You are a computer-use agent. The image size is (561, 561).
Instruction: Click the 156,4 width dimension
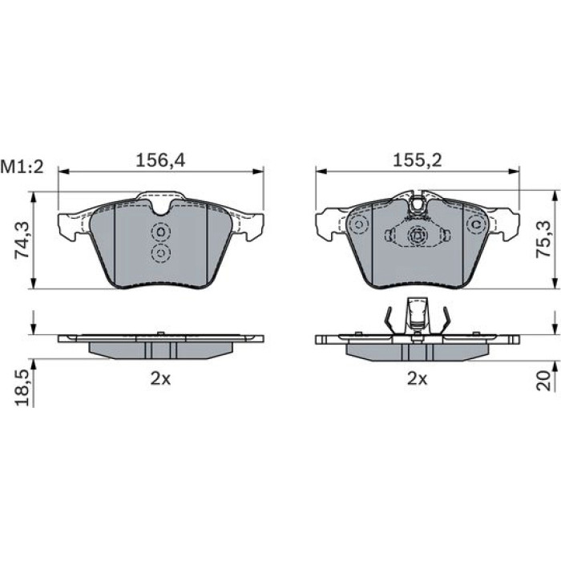(x=160, y=160)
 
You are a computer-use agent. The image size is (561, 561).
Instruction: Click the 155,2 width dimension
(x=418, y=160)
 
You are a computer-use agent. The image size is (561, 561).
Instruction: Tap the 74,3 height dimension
(x=22, y=240)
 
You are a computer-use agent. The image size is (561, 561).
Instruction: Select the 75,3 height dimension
(x=543, y=239)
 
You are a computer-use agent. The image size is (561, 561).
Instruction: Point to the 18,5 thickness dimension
(x=22, y=388)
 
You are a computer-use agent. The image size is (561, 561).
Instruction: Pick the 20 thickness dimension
(x=543, y=381)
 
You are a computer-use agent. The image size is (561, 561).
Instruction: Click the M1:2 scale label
(x=22, y=167)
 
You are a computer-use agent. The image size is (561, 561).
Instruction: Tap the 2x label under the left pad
(x=160, y=378)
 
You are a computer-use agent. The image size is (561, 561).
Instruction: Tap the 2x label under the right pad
(x=418, y=378)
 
